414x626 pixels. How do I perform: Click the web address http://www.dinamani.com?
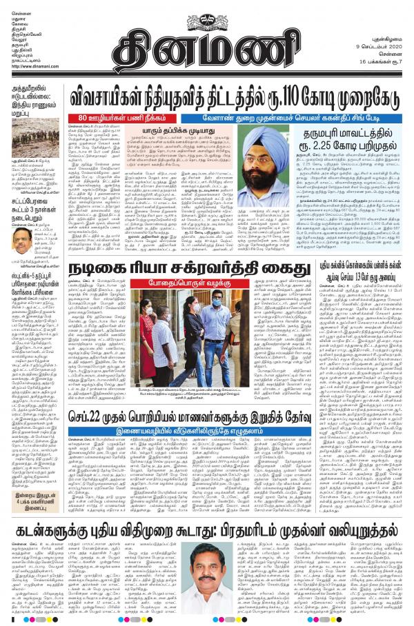[34, 66]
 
